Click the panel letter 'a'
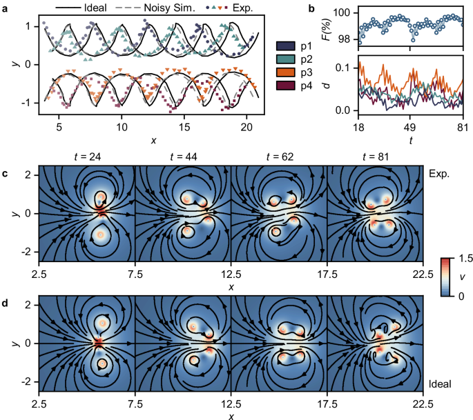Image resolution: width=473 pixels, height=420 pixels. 4,8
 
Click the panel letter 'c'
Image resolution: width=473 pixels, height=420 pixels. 4,172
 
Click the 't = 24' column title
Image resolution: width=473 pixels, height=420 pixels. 88,157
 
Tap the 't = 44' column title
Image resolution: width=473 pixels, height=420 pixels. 184,157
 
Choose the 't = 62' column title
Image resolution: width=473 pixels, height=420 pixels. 279,157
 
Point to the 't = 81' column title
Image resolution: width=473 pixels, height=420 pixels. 375,157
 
